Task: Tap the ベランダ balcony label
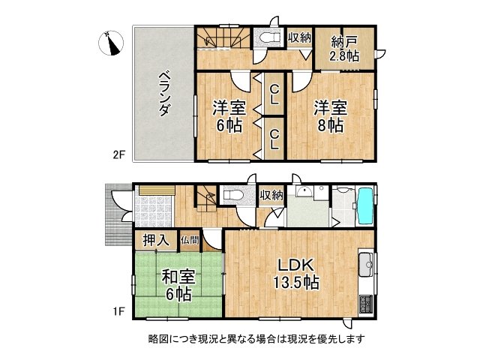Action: click(x=164, y=93)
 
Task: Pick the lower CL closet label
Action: click(x=275, y=139)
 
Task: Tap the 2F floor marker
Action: click(x=118, y=156)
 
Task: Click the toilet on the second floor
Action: click(x=267, y=37)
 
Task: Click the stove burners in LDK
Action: click(x=366, y=304)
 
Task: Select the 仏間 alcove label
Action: click(x=190, y=241)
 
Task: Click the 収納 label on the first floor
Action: click(x=271, y=195)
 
